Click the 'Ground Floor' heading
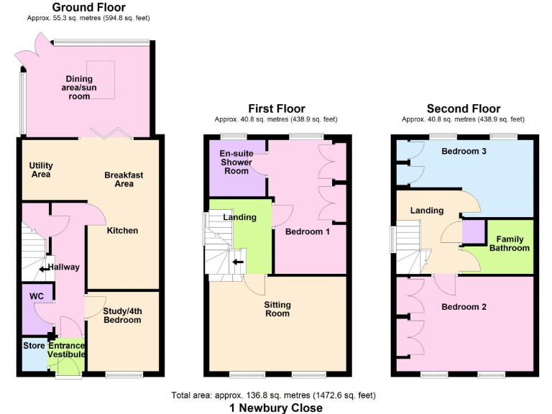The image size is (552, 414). pyautogui.click(x=89, y=8)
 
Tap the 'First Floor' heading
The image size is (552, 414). pyautogui.click(x=276, y=109)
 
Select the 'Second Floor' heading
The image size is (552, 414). pyautogui.click(x=463, y=109)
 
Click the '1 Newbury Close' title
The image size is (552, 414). pyautogui.click(x=276, y=408)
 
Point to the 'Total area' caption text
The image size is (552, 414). pyautogui.click(x=273, y=395)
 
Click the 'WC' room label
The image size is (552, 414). pyautogui.click(x=37, y=296)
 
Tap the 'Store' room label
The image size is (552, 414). pyautogui.click(x=33, y=346)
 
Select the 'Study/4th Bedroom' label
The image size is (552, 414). pyautogui.click(x=121, y=316)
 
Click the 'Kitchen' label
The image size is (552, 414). pyautogui.click(x=122, y=231)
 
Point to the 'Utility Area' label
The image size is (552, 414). pyautogui.click(x=41, y=170)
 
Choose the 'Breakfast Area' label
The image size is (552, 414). pyautogui.click(x=119, y=179)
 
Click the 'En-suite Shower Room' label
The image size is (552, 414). pyautogui.click(x=236, y=162)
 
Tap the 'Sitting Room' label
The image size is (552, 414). pyautogui.click(x=277, y=309)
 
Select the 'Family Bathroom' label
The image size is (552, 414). pyautogui.click(x=510, y=244)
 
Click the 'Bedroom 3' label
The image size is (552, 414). pyautogui.click(x=464, y=152)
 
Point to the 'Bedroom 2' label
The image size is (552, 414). pyautogui.click(x=464, y=307)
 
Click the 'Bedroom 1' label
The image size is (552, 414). pyautogui.click(x=308, y=232)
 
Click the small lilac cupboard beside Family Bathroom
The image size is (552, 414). pyautogui.click(x=472, y=232)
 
